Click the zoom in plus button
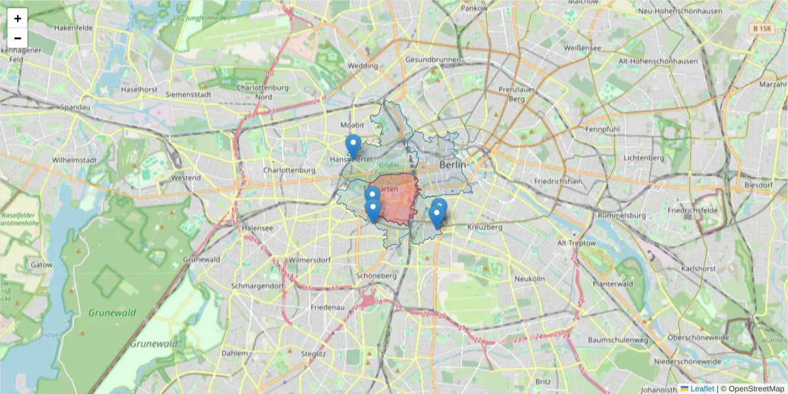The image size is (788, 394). point(18,18)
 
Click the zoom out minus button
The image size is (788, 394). point(18,37)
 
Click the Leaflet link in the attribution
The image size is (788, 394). point(701,389)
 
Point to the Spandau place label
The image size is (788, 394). point(74,107)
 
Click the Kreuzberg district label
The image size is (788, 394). point(485,227)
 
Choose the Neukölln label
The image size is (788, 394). point(530,278)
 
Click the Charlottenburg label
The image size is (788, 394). point(289,170)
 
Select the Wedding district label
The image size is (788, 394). point(362,66)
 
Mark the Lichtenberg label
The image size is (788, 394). point(645,158)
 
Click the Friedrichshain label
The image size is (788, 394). point(559,181)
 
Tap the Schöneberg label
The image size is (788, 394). point(376,276)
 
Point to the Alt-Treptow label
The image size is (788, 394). point(576,243)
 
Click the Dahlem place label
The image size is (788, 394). point(235,353)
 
